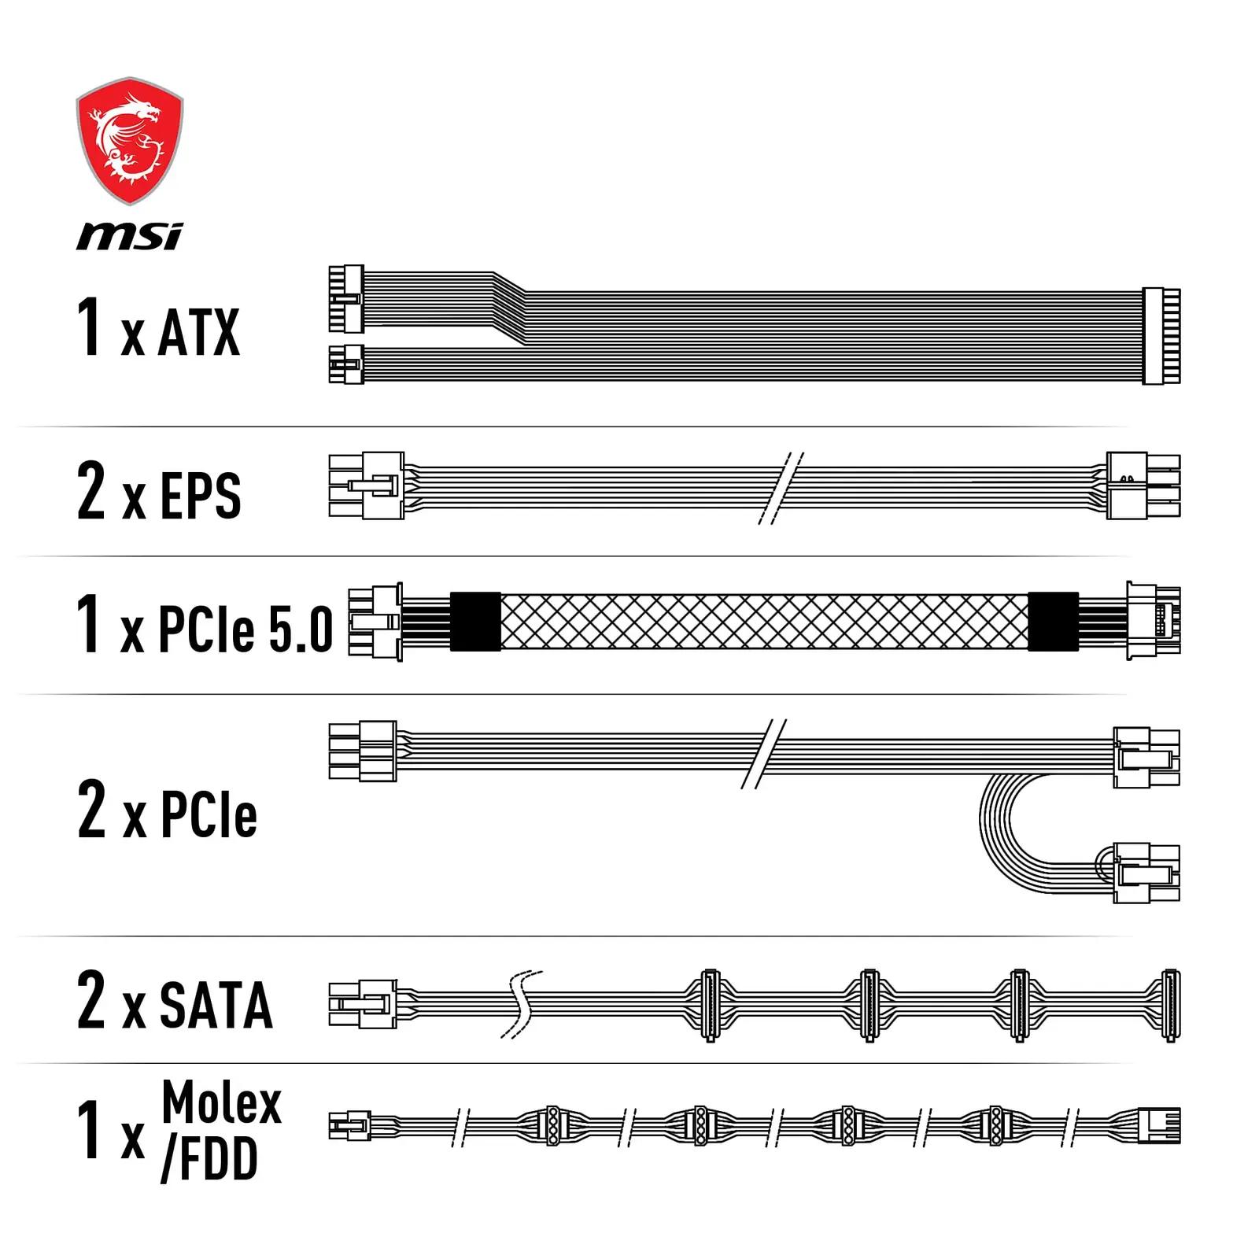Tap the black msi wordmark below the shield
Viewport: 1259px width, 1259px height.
click(130, 235)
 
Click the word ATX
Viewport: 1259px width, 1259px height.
click(199, 332)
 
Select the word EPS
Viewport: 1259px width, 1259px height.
click(200, 495)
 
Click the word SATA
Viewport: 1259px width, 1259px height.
click(216, 1005)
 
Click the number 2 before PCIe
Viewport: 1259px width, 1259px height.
click(91, 808)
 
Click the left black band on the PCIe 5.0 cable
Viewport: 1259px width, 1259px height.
click(475, 622)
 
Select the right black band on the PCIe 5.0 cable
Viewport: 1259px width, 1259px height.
click(1054, 622)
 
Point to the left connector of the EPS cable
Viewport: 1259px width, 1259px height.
click(367, 486)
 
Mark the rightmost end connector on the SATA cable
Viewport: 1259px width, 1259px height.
click(1170, 1006)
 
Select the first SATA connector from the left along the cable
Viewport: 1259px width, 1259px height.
click(710, 1006)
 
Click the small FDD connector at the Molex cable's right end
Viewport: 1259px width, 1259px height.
click(1159, 1126)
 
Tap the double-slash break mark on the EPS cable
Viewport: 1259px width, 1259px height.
click(781, 489)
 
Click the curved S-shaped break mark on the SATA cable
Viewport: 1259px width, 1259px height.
click(521, 1004)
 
